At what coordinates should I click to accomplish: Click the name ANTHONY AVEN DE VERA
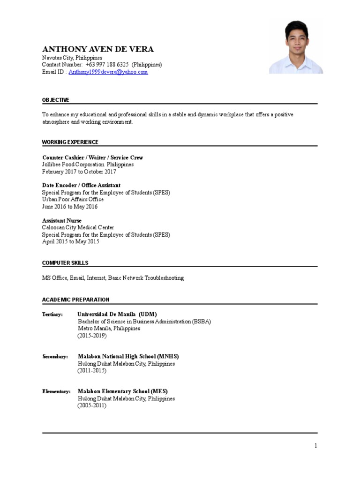pyautogui.click(x=97, y=49)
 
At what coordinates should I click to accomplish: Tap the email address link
pyautogui.click(x=108, y=72)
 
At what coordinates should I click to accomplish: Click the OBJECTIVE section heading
pyautogui.click(x=56, y=100)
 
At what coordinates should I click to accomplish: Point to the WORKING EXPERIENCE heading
pyautogui.click(x=70, y=142)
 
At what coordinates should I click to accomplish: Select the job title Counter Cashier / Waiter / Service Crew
pyautogui.click(x=92, y=158)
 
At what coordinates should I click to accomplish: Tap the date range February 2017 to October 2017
pyautogui.click(x=79, y=172)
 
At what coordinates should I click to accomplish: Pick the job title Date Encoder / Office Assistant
pyautogui.click(x=81, y=186)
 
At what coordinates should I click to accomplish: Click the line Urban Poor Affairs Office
pyautogui.click(x=73, y=200)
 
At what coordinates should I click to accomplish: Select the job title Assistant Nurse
pyautogui.click(x=62, y=221)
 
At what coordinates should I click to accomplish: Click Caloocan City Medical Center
pyautogui.click(x=78, y=228)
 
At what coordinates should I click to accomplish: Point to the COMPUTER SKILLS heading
pyautogui.click(x=65, y=263)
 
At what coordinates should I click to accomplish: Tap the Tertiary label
pyautogui.click(x=52, y=315)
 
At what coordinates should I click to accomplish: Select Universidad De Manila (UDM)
pyautogui.click(x=117, y=314)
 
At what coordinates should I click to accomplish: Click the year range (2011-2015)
pyautogui.click(x=92, y=371)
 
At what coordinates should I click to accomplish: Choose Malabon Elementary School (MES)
pyautogui.click(x=122, y=391)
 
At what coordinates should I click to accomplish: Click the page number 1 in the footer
pyautogui.click(x=316, y=446)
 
